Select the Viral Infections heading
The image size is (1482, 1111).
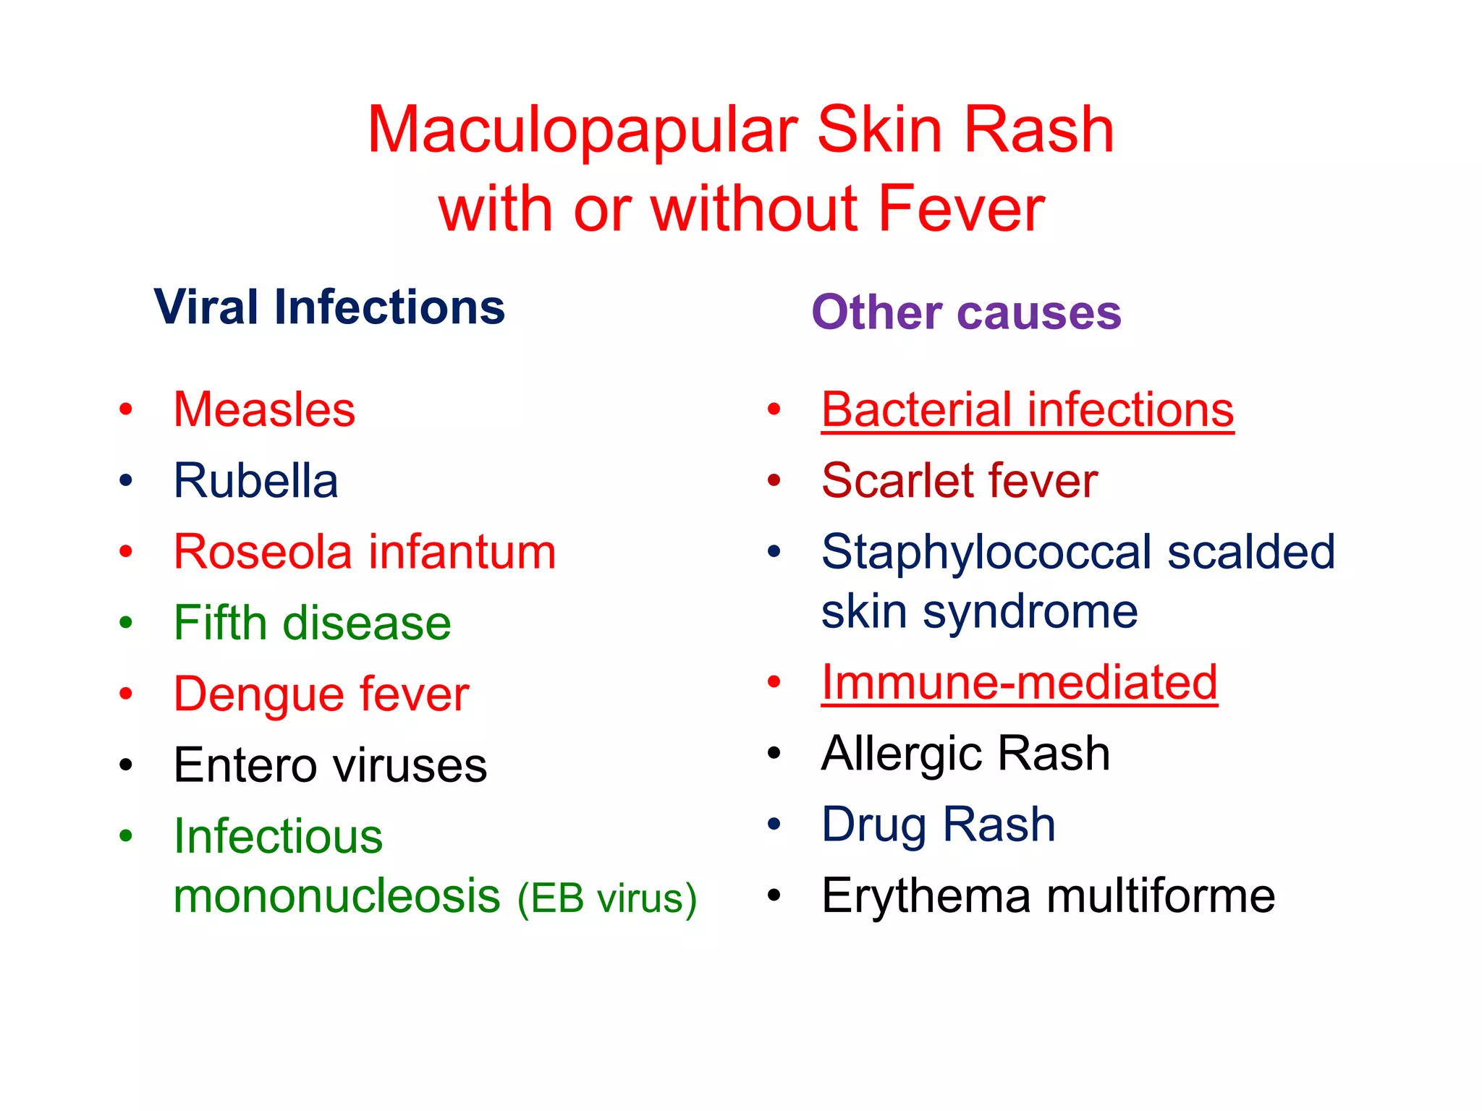coord(329,307)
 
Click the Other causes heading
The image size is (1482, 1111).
coord(966,312)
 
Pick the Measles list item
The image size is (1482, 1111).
coord(264,409)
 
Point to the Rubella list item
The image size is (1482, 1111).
coord(255,480)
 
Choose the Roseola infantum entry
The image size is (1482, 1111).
coord(365,552)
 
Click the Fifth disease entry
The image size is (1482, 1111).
coord(312,623)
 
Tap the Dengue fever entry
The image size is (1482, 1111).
coord(321,694)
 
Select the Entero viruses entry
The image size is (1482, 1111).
coord(330,765)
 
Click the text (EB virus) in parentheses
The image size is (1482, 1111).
coord(607,898)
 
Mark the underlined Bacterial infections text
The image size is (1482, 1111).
coord(1028,409)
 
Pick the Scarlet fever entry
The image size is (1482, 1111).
coord(960,480)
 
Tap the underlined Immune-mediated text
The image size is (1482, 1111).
coord(1020,682)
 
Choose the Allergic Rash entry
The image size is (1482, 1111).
coord(965,753)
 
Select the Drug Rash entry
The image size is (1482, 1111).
coord(939,824)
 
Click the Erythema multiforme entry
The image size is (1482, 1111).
coord(1048,895)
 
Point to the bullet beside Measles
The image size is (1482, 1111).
coord(126,409)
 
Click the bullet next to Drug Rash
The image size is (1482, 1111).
coord(774,824)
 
